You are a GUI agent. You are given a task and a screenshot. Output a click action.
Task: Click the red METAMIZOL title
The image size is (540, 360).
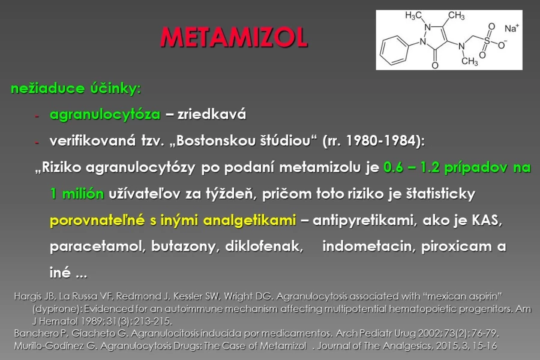(x=234, y=37)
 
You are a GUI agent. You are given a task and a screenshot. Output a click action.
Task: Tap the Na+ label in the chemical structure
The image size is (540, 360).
(x=512, y=28)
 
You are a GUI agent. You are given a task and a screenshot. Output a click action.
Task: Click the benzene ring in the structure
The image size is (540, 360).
(x=394, y=50)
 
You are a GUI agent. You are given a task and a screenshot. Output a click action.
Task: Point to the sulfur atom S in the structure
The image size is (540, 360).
(x=487, y=41)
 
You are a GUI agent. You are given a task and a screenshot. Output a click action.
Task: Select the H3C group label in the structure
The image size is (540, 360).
(x=413, y=15)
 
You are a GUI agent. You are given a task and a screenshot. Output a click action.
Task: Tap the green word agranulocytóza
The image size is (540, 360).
(x=105, y=115)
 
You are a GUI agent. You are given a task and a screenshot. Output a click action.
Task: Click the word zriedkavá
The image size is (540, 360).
(x=212, y=114)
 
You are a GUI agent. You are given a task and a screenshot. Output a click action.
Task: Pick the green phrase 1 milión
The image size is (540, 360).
(x=77, y=194)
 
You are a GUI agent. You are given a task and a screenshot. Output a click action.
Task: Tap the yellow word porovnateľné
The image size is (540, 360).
(x=97, y=220)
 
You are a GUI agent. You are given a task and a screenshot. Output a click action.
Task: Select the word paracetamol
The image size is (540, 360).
(x=95, y=247)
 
